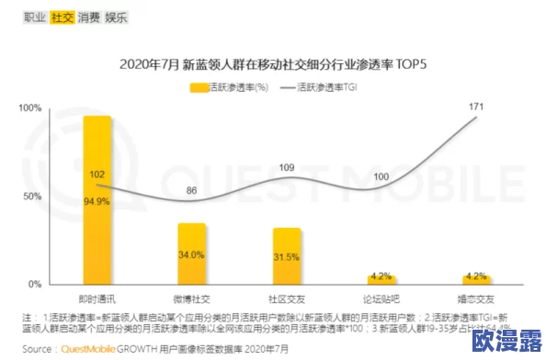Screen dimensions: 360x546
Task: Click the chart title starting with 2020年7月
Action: (273, 66)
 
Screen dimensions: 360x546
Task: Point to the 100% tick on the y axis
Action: (30, 108)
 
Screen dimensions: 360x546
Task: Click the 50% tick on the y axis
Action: (33, 197)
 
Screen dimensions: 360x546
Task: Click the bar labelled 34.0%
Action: (191, 253)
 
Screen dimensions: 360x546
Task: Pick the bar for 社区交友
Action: (287, 256)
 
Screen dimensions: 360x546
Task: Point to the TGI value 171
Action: (476, 107)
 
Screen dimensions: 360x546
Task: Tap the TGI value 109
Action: (287, 167)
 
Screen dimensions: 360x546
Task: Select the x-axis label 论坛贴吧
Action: (381, 299)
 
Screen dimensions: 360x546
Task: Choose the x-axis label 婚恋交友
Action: (476, 299)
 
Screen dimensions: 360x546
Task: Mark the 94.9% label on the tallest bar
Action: (97, 201)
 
